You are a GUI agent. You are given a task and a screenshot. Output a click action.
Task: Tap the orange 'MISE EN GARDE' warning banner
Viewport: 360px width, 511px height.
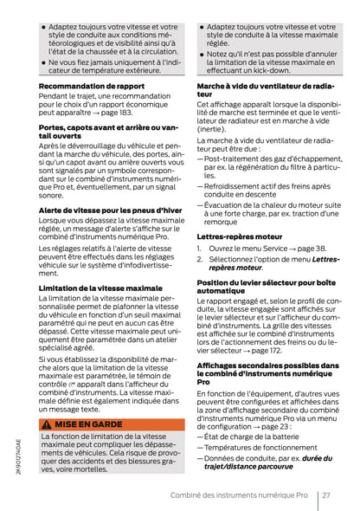point(112,425)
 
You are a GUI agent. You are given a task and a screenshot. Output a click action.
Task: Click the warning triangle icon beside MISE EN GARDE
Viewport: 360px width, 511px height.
point(47,425)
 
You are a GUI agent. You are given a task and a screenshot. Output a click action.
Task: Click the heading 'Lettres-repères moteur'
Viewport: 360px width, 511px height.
point(237,236)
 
